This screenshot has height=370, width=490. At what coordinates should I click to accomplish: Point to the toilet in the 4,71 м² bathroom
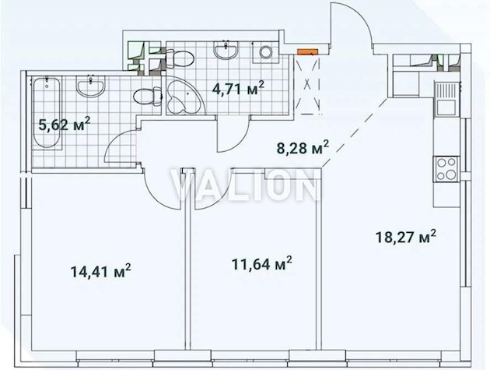179,55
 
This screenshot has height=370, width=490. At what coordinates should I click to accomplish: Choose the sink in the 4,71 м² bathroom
229,51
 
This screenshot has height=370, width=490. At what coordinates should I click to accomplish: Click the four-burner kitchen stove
446,166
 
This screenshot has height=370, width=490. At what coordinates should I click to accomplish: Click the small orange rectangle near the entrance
308,52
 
